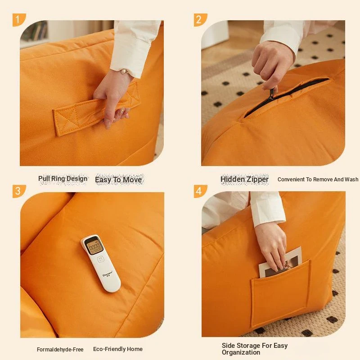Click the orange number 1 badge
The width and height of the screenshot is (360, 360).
(18, 20)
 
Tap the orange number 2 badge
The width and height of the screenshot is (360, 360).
(200, 20)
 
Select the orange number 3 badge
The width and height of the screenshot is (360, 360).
(18, 191)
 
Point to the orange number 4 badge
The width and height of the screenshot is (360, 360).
(200, 191)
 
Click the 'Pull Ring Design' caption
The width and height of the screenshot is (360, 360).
(63, 179)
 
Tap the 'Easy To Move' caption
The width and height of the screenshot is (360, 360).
(118, 180)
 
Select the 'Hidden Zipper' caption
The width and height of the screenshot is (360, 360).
(244, 179)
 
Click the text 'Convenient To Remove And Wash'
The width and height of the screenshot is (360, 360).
(318, 179)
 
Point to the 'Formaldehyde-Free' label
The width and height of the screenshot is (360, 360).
(60, 350)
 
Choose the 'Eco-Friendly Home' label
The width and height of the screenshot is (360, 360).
(118, 349)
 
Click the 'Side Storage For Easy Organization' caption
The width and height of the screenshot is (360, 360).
(255, 349)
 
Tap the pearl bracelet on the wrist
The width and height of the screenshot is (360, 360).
(124, 72)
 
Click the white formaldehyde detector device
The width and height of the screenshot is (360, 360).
(100, 263)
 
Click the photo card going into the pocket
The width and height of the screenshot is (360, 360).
(280, 262)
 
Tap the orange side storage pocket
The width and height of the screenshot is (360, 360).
(280, 293)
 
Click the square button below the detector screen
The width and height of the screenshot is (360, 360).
(101, 260)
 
